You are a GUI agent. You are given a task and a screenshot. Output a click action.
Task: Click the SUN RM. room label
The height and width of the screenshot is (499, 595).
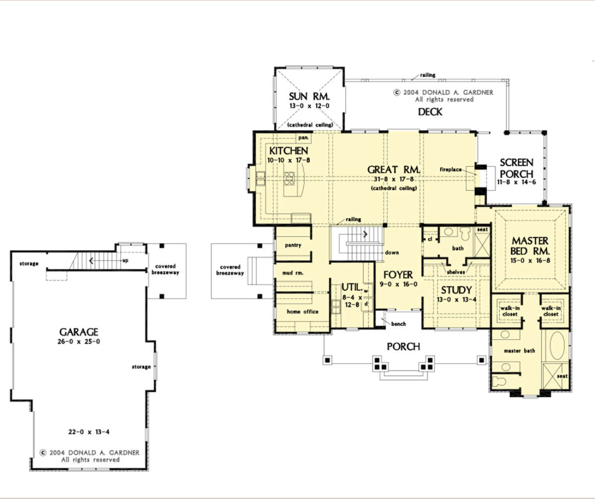pyautogui.click(x=309, y=96)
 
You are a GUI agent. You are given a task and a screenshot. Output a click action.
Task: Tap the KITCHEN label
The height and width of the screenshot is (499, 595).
pyautogui.click(x=289, y=151)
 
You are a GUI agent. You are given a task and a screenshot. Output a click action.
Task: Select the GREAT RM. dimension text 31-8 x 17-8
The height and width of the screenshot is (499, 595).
pyautogui.click(x=394, y=179)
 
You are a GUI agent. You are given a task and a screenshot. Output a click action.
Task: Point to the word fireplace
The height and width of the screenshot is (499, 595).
pyautogui.click(x=451, y=169)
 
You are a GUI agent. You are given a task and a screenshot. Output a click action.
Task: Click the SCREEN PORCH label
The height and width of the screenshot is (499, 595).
pyautogui.click(x=516, y=168)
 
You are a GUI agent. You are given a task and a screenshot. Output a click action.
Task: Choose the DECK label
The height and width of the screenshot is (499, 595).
pyautogui.click(x=430, y=112)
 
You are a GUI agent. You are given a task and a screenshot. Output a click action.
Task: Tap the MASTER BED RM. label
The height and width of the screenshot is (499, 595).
pyautogui.click(x=530, y=246)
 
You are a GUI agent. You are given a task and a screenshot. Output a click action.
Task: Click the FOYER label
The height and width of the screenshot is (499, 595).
pyautogui.click(x=398, y=275)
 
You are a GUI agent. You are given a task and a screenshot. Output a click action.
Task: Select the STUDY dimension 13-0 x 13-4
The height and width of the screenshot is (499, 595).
pyautogui.click(x=457, y=300)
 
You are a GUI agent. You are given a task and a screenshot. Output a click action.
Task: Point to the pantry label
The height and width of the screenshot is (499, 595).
pyautogui.click(x=293, y=245)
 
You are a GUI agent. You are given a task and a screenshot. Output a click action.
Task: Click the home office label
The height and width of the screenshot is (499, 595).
pyautogui.click(x=302, y=312)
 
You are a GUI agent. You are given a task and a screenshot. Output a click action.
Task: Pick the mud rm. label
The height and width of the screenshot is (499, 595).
pyautogui.click(x=293, y=273)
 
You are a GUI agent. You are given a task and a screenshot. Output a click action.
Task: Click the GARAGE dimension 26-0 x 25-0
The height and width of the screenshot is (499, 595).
pyautogui.click(x=79, y=341)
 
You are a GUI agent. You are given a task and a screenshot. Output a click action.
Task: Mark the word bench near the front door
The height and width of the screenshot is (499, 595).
pyautogui.click(x=398, y=323)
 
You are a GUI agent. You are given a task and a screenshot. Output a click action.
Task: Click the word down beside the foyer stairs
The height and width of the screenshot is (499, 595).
pyautogui.click(x=392, y=252)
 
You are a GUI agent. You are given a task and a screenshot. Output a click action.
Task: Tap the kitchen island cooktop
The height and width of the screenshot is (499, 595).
pyautogui.click(x=289, y=179)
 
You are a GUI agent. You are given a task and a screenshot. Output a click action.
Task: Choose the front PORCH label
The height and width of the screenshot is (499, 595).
pyautogui.click(x=403, y=346)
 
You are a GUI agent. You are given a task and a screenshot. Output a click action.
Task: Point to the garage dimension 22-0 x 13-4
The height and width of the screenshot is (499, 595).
pyautogui.click(x=89, y=432)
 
